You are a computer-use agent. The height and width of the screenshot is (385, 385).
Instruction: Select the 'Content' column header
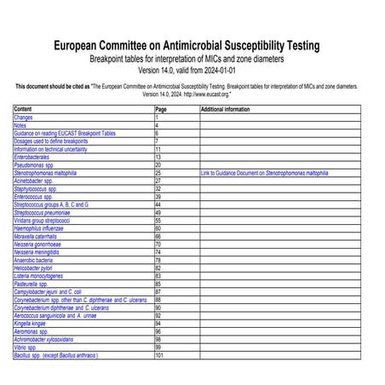[x=23, y=110]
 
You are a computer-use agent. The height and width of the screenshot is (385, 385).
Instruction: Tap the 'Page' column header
[x=161, y=110]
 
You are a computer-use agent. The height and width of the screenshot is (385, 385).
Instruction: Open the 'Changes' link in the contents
[x=24, y=118]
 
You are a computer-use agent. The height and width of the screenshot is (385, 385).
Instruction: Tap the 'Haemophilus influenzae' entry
[x=39, y=228]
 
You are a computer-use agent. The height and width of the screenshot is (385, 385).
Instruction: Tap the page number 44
[x=158, y=204]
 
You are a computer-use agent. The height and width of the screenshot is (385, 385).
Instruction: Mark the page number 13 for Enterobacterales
[x=158, y=157]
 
